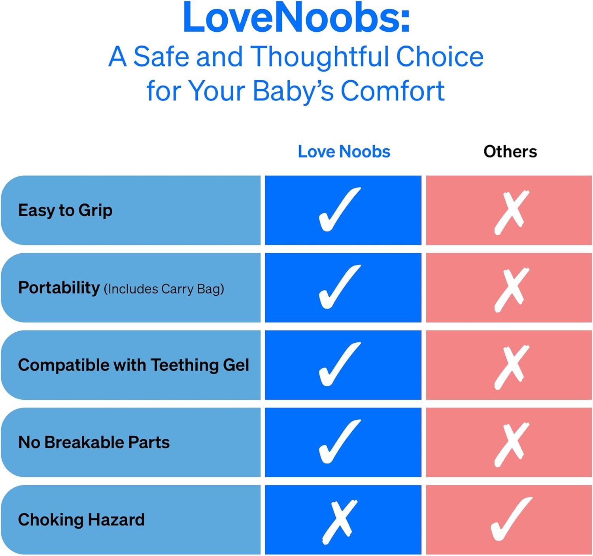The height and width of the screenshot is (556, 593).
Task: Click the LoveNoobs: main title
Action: (296, 17)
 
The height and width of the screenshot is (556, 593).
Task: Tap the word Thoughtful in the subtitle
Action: (320, 57)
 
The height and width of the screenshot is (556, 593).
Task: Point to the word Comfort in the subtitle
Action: (392, 91)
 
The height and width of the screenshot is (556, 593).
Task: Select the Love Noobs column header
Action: (344, 152)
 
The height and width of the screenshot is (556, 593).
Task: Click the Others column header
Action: (510, 152)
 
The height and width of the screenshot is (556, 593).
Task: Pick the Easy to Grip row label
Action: (65, 211)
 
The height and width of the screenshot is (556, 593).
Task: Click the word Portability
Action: (59, 288)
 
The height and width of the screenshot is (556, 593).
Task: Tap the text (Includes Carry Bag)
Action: (164, 289)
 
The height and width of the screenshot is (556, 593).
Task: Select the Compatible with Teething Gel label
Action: (134, 365)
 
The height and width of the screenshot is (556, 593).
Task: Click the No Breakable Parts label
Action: (94, 442)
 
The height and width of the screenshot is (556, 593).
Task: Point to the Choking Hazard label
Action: (81, 520)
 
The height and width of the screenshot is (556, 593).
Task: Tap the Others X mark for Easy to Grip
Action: (511, 212)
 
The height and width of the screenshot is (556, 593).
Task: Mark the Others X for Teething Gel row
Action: (511, 367)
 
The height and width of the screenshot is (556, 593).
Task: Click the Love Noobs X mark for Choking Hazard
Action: (340, 522)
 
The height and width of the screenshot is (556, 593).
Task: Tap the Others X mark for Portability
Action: (511, 290)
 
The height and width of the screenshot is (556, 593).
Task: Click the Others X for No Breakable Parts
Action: (511, 444)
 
